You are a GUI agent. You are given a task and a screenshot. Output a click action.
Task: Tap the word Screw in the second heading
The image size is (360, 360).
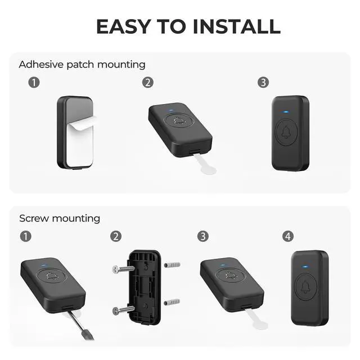[x=33, y=218]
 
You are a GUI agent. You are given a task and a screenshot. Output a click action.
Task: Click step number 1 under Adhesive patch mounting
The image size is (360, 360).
[x=34, y=83]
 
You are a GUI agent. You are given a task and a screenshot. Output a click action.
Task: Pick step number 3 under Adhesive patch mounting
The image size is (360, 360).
[x=263, y=83]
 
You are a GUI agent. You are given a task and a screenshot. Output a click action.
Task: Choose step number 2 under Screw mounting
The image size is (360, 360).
[x=116, y=236]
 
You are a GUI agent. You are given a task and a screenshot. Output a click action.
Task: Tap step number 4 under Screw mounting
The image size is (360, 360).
[x=289, y=236]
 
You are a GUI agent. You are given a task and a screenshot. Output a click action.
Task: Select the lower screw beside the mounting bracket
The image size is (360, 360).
[x=123, y=309]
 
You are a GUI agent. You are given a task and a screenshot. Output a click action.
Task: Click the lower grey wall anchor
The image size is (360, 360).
[x=173, y=303]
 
